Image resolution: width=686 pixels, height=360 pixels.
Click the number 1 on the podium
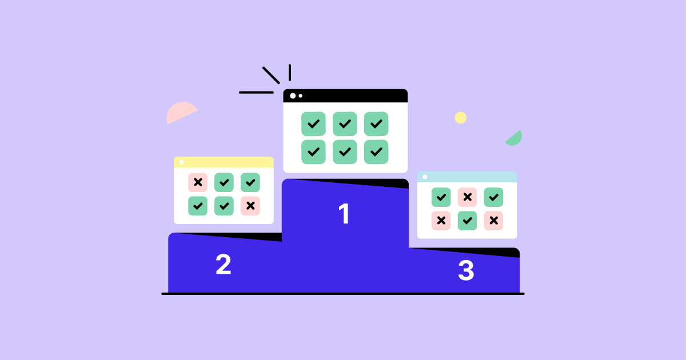click(x=344, y=214)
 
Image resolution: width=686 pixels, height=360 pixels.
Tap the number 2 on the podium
click(x=224, y=264)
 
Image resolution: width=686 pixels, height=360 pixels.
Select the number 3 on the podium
click(x=466, y=270)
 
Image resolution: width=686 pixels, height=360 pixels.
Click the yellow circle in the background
click(x=461, y=118)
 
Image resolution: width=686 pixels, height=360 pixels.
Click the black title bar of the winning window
click(x=345, y=96)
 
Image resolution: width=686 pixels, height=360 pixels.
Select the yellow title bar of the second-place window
click(x=224, y=162)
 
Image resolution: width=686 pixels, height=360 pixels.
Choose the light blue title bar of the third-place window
click(x=467, y=177)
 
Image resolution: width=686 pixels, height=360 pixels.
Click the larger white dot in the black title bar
click(x=293, y=96)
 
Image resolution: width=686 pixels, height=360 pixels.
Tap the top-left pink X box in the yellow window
click(x=198, y=182)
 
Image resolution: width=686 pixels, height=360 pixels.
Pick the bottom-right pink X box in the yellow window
click(x=250, y=206)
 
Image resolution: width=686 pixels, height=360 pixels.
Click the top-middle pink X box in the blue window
click(x=468, y=197)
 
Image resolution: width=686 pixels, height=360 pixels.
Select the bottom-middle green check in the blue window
click(x=468, y=221)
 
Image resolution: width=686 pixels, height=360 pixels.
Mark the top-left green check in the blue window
click(x=441, y=197)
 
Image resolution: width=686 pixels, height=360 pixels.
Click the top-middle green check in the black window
click(x=345, y=124)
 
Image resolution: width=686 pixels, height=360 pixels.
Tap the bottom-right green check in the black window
click(x=376, y=152)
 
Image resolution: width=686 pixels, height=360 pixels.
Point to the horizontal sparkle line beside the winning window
click(x=256, y=93)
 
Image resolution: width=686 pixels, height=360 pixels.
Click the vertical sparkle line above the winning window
click(x=290, y=73)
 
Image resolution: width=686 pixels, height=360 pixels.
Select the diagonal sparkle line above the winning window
click(x=271, y=75)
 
